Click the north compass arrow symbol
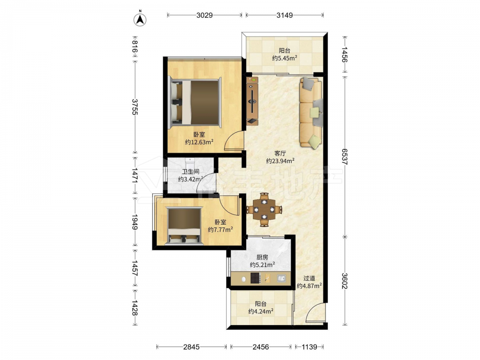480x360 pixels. pyautogui.click(x=140, y=19)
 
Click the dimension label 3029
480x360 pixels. pyautogui.click(x=204, y=15)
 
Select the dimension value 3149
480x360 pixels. pyautogui.click(x=285, y=15)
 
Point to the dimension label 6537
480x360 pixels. pyautogui.click(x=345, y=156)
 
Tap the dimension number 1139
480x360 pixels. pyautogui.click(x=310, y=347)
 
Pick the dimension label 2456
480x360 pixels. pyautogui.click(x=261, y=347)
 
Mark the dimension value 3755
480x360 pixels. pyautogui.click(x=135, y=107)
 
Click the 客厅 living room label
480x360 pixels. pyautogui.click(x=280, y=153)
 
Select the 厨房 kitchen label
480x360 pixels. pyautogui.click(x=262, y=257)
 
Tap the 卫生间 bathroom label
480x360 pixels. pyautogui.click(x=191, y=171)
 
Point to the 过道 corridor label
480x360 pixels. pyautogui.click(x=309, y=278)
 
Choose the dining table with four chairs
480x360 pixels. pyautogui.click(x=264, y=210)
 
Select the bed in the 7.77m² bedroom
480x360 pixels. pyautogui.click(x=184, y=226)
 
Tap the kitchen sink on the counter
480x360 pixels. pyautogui.click(x=281, y=278)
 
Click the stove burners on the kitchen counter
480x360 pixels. pyautogui.click(x=256, y=278)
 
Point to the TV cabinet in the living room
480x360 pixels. pyautogui.click(x=252, y=101)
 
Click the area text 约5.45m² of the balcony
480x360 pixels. pyautogui.click(x=285, y=58)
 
